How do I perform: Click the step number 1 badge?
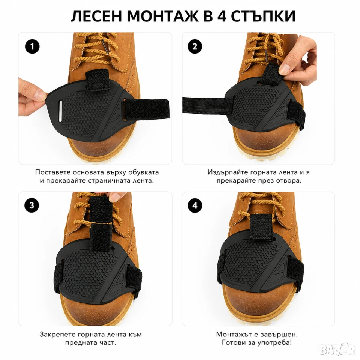[32, 46]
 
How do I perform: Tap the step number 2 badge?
[195, 46]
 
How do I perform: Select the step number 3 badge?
[32, 205]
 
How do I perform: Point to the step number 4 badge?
[195, 205]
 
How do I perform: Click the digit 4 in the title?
[222, 16]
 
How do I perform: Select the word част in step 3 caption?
[108, 343]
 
